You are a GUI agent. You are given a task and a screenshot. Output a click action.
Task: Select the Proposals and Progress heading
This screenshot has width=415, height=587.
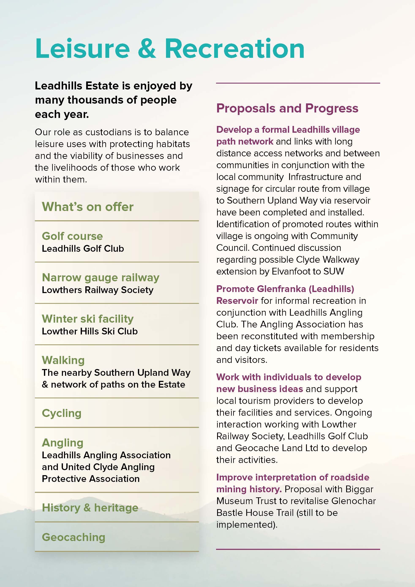point(287,108)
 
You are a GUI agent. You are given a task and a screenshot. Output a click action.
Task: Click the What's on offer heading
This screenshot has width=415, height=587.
point(87,207)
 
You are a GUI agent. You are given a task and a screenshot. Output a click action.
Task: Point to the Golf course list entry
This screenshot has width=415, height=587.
point(72,236)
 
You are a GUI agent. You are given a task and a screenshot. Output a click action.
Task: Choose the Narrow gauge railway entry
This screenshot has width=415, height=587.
point(101,277)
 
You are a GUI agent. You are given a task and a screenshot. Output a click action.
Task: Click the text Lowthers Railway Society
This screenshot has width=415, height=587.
point(98,290)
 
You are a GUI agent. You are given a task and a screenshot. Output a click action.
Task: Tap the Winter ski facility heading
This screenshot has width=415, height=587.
point(87,319)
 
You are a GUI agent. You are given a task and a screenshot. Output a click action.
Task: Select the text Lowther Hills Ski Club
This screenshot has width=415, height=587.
point(90,331)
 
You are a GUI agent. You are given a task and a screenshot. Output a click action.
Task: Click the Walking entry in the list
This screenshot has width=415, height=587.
point(63,360)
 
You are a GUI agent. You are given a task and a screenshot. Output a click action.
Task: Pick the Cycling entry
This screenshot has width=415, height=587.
point(62,413)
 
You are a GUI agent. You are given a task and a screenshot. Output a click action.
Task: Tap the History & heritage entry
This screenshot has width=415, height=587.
point(90,508)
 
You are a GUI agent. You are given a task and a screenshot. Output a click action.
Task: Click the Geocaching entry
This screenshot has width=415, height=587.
point(73,537)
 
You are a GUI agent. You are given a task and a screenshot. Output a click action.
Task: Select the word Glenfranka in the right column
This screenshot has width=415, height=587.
point(281,289)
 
